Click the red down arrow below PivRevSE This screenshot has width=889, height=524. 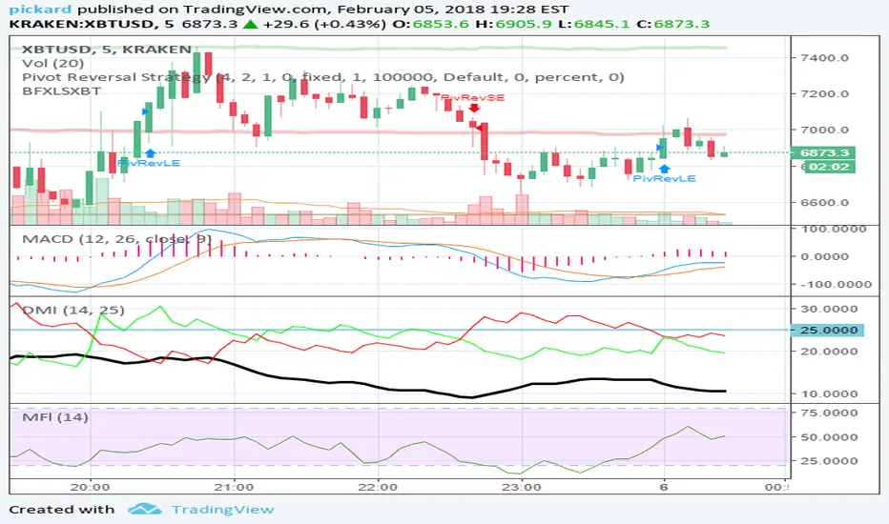(474, 110)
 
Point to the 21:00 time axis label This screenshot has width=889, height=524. (234, 484)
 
